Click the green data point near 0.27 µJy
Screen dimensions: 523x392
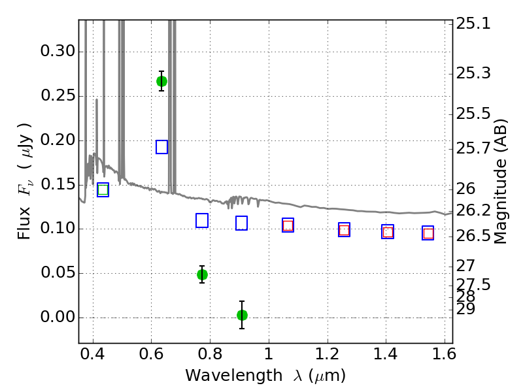161,81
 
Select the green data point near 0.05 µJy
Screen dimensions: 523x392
202,274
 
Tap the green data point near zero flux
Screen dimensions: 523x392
242,315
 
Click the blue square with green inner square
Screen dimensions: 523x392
103,189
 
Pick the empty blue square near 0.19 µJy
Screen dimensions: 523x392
161,147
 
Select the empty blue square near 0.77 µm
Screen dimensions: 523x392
202,221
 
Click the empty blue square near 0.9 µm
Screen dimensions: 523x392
241,223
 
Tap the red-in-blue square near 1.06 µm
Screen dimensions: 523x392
288,225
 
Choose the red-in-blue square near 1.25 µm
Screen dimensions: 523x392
345,230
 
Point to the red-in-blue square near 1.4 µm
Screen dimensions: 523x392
388,232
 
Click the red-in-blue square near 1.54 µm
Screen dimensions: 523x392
428,233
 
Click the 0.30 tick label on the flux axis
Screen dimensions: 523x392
58,52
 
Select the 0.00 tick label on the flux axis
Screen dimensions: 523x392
58,317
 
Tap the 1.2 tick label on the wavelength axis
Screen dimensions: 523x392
328,354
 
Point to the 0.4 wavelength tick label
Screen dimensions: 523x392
93,354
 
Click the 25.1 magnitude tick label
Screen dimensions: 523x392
473,24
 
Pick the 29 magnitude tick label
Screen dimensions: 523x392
465,309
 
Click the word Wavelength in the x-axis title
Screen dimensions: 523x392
234,376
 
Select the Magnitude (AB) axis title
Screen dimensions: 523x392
499,182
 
